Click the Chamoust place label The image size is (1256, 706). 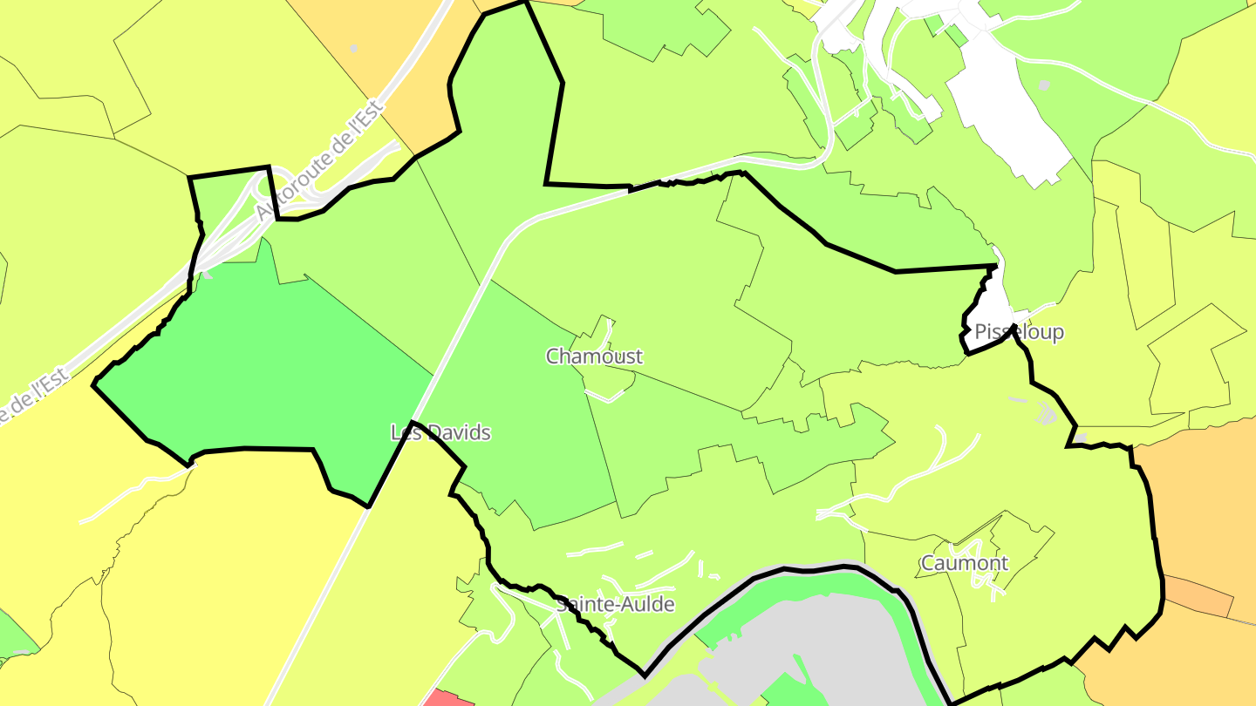coord(594,356)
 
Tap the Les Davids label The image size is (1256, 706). coord(440,432)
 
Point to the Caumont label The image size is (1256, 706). coord(965,563)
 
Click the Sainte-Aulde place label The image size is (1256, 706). coord(616,604)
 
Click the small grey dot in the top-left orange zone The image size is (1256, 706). coord(353,48)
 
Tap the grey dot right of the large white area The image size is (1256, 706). coord(1044,85)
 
